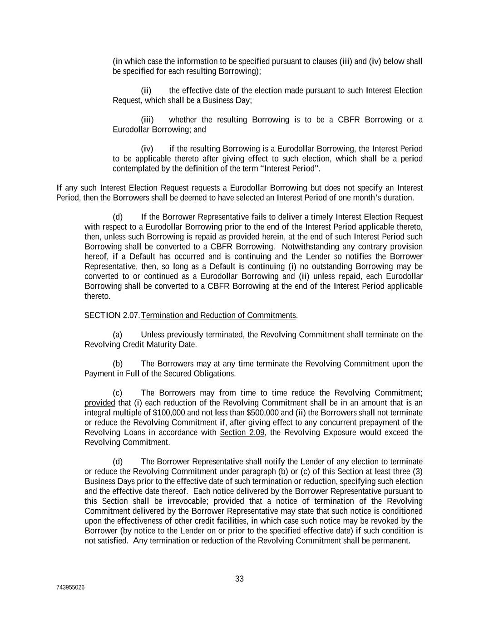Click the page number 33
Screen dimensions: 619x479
coord(239,579)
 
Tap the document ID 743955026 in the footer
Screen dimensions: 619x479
coord(70,587)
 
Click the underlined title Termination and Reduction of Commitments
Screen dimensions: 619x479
coord(218,315)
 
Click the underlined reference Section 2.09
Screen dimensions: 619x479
coord(242,432)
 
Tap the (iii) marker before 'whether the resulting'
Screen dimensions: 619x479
coord(147,120)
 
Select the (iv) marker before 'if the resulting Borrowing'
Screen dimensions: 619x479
coord(147,149)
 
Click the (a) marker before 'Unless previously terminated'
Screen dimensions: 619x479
coord(118,335)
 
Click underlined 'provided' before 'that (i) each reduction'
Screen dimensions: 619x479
coord(100,403)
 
